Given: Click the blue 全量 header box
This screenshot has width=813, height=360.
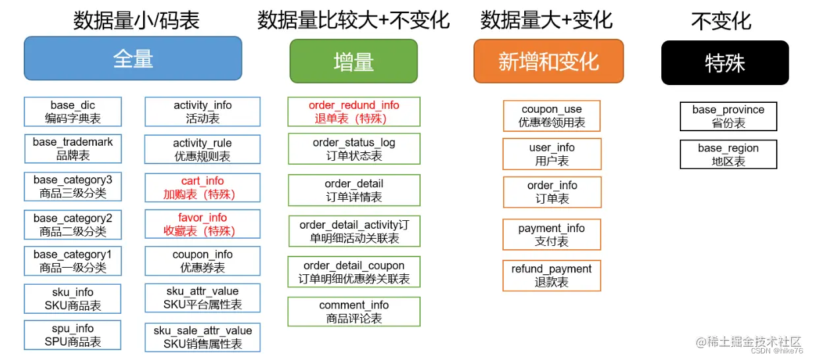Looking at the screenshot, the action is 133,59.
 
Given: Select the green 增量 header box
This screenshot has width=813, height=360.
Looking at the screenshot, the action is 353,61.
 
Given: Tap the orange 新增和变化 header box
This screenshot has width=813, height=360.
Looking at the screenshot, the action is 549,61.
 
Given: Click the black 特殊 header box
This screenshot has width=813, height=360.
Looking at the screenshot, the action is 725,63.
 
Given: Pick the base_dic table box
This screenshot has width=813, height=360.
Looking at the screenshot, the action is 73,112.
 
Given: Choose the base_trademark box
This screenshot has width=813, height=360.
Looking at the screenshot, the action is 73,149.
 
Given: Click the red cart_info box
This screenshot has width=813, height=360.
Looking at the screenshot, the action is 202,187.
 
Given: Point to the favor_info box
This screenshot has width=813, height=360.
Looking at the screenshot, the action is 202,224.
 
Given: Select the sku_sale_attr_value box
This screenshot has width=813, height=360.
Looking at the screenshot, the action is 202,337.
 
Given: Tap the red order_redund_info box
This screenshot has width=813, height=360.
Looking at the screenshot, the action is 353,112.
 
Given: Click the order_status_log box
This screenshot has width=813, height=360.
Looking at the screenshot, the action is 353,149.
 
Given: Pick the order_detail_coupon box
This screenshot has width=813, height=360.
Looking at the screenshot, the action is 353,272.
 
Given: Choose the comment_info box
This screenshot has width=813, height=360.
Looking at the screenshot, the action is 353,312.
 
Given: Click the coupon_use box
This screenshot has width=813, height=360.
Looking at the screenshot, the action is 552,116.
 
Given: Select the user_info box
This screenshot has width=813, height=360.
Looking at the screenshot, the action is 552,154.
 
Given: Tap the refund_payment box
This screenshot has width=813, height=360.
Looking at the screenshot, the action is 552,276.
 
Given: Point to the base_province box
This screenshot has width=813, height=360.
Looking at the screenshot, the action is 728,116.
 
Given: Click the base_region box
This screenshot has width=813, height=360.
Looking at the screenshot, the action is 728,154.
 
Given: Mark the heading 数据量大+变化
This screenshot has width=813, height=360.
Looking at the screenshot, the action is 547,20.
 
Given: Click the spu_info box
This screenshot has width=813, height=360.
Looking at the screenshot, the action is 73,335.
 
